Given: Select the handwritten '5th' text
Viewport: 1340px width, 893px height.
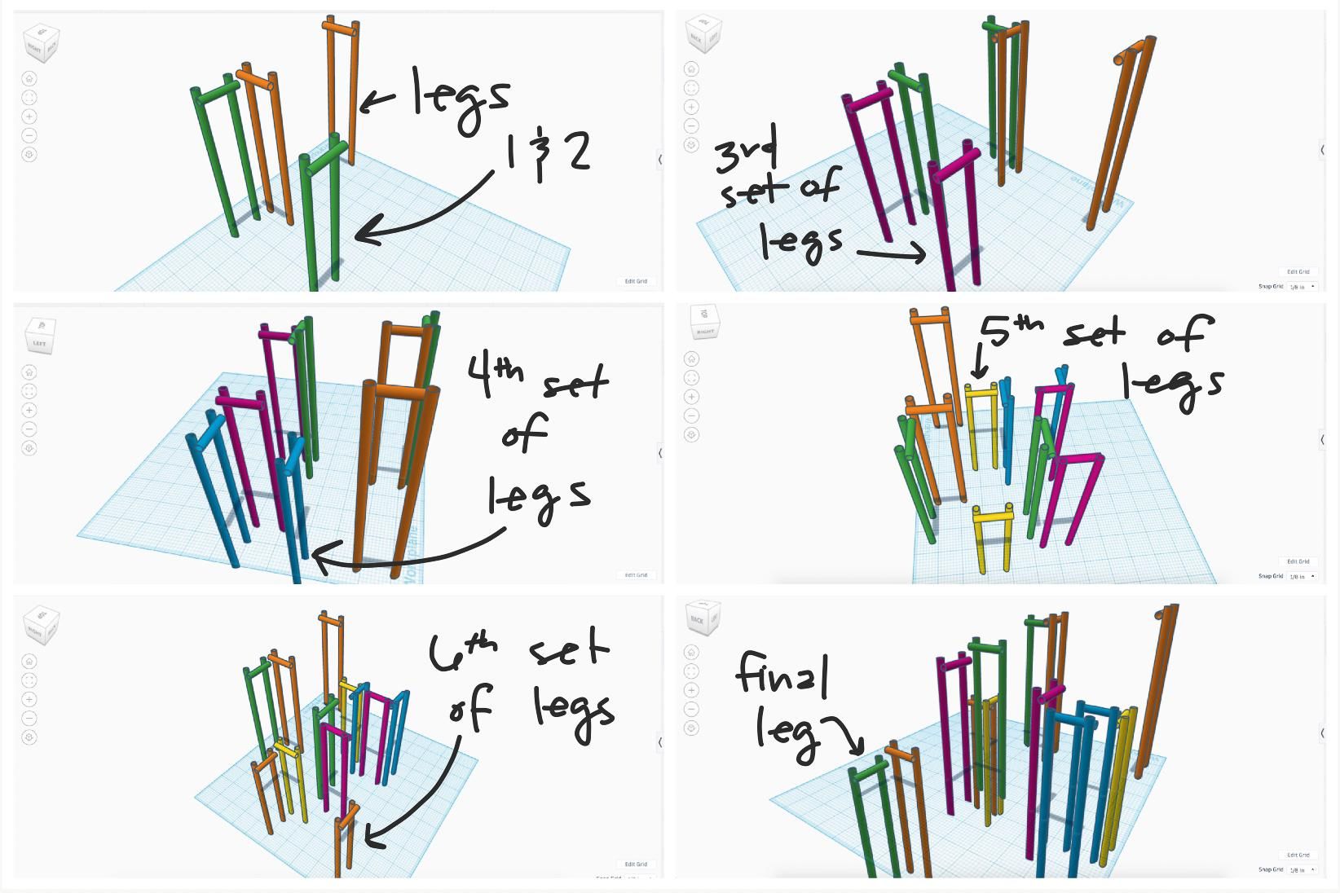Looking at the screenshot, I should (1011, 329).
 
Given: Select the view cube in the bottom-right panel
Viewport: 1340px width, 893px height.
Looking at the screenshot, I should (703, 619).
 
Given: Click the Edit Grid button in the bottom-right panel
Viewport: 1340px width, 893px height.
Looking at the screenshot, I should (1298, 855).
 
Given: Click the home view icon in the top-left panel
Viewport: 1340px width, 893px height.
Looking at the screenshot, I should (29, 79).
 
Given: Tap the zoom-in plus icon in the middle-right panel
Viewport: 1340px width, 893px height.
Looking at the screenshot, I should (691, 397).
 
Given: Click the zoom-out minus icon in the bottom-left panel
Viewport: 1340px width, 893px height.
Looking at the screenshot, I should (29, 718).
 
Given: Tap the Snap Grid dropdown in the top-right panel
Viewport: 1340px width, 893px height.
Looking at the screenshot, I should (1302, 287).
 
